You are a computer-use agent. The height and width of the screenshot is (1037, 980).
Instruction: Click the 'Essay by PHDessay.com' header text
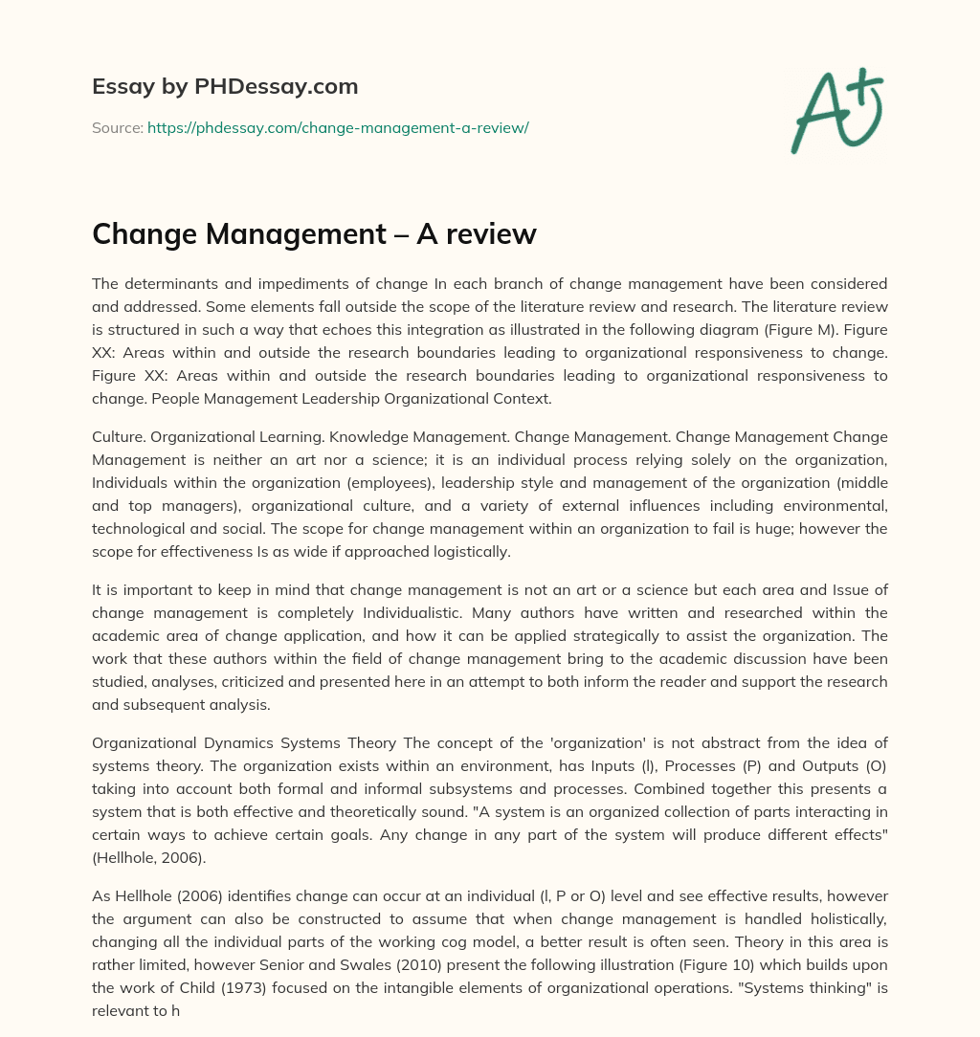(x=225, y=87)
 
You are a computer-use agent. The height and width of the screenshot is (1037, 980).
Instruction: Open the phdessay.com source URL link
(x=338, y=127)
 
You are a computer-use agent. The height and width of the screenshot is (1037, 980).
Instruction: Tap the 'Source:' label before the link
(x=117, y=127)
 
